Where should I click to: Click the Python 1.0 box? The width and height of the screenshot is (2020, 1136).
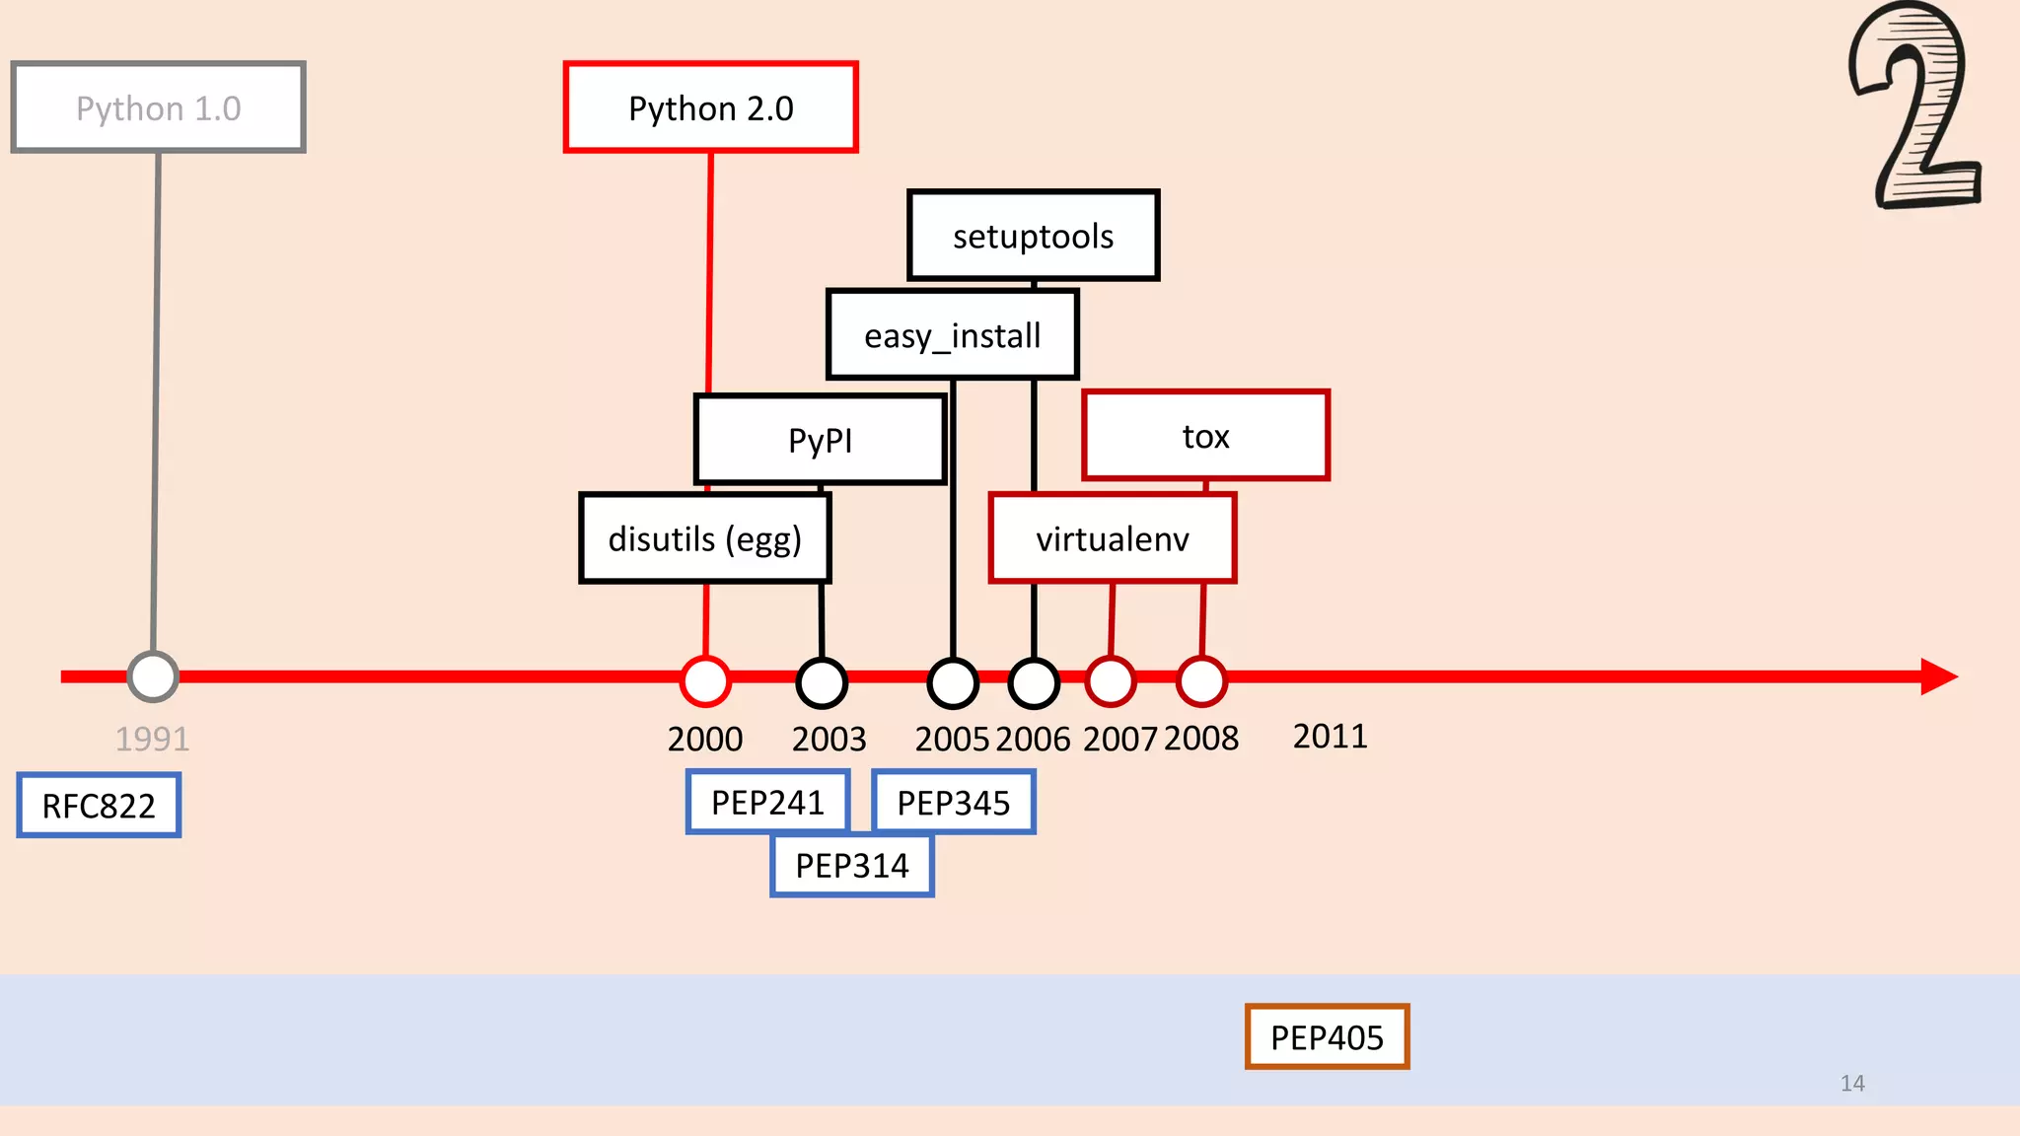point(158,107)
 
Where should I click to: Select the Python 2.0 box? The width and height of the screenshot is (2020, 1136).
point(710,107)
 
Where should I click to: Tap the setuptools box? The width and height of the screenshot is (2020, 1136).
point(1033,236)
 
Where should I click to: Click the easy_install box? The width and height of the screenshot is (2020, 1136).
point(952,335)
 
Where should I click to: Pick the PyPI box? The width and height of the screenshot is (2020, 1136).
point(820,440)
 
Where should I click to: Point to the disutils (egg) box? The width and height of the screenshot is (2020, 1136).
point(704,538)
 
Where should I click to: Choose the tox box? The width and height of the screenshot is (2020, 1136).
point(1205,436)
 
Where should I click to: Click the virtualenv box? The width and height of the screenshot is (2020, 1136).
point(1112,538)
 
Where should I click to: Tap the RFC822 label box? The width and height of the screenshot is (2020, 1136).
point(99,806)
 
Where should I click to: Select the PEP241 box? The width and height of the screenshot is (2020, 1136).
point(767,802)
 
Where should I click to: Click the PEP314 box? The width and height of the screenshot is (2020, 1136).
point(852,865)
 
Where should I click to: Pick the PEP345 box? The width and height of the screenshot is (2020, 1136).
point(954,802)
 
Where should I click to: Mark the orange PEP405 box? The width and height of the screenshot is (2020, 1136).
point(1327,1036)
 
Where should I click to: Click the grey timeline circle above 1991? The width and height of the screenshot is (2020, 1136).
point(153,676)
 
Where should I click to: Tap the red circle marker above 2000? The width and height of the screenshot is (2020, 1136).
point(705,680)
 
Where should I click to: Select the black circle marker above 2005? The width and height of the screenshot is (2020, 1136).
point(953,682)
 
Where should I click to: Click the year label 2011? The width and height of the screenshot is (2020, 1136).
point(1330,736)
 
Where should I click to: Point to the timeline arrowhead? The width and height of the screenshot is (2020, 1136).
point(1938,676)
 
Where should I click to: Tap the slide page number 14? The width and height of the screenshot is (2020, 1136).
point(1852,1083)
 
